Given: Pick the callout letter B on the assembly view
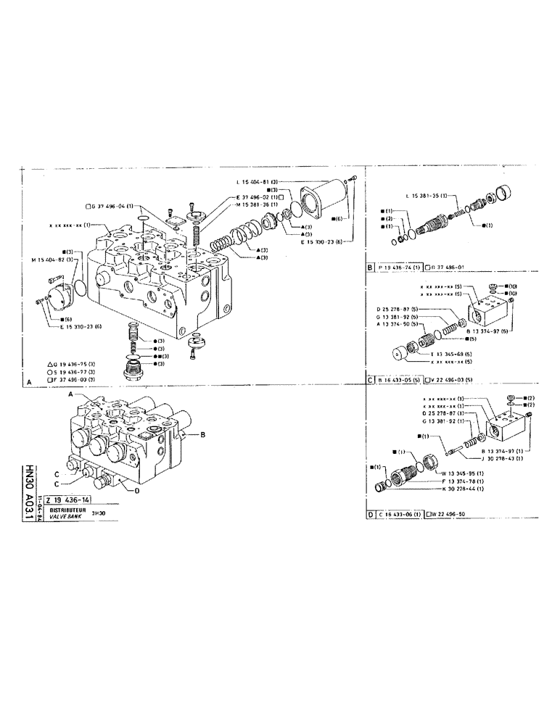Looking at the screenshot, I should point(204,435).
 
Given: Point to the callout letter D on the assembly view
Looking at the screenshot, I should point(136,491).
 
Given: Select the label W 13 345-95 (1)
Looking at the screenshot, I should point(464,473).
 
